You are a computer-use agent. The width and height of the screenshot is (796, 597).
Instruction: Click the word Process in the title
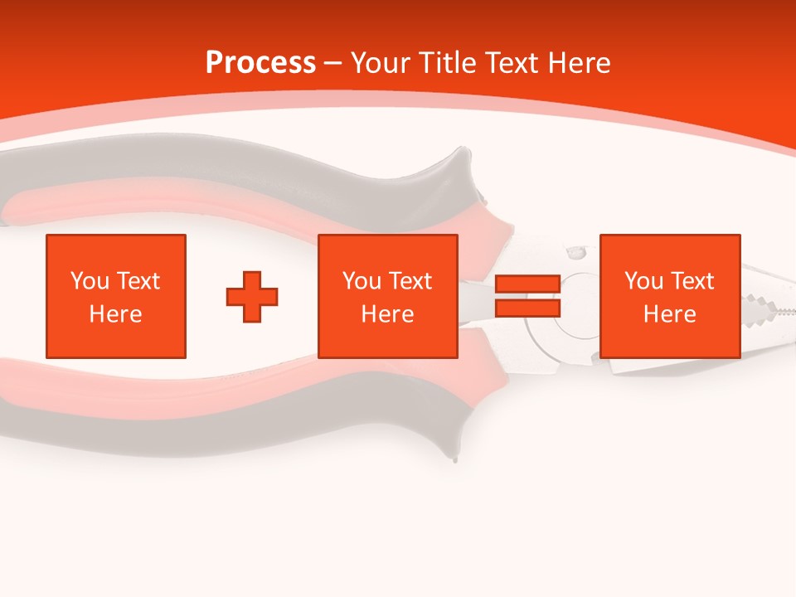point(260,62)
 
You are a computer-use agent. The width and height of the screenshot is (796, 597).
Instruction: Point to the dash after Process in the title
point(333,63)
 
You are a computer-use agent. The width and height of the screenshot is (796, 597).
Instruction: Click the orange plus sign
point(252,296)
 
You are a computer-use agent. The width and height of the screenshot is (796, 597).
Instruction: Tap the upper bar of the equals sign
point(528,284)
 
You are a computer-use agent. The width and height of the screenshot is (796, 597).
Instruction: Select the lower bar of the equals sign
point(528,308)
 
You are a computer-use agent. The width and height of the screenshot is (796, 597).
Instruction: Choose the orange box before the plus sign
point(116,296)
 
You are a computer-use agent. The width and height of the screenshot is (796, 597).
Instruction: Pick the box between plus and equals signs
point(388,296)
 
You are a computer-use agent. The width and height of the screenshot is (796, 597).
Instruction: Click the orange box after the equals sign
point(670,296)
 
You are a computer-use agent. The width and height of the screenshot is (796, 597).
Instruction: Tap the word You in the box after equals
point(643,281)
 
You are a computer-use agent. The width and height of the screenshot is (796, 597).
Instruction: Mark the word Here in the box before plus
point(116,314)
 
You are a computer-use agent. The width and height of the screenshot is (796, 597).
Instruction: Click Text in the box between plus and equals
point(410,281)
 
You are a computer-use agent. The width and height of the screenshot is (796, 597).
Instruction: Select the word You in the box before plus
point(90,281)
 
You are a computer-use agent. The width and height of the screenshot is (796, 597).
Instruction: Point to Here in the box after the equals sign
point(670,314)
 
